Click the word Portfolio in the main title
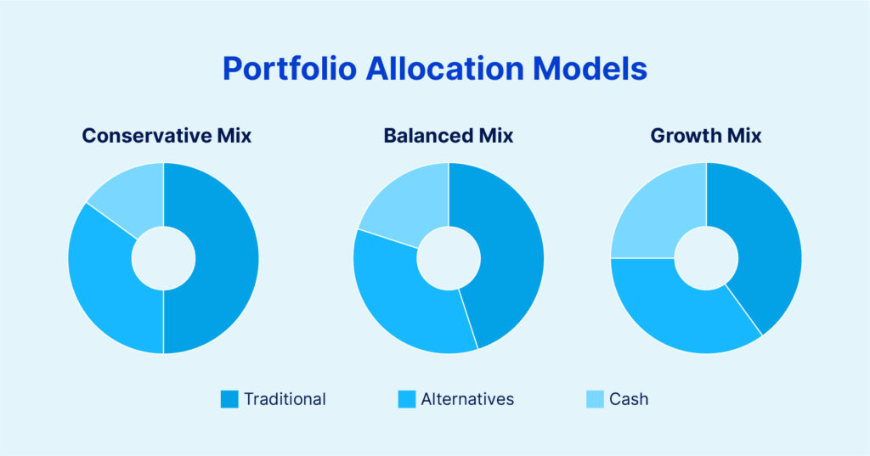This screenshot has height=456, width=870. (289, 69)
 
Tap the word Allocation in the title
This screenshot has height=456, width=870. (444, 68)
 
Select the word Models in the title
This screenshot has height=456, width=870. (590, 68)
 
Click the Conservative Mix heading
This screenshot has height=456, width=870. (167, 135)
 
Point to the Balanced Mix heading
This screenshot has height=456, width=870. (449, 135)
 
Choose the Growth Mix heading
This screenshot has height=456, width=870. (706, 135)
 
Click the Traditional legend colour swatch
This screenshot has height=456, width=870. (229, 399)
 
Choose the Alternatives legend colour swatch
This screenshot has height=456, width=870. (407, 399)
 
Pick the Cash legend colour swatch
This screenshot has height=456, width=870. (595, 399)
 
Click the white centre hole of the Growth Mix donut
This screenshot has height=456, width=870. (706, 258)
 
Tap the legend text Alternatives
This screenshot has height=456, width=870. (467, 399)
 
